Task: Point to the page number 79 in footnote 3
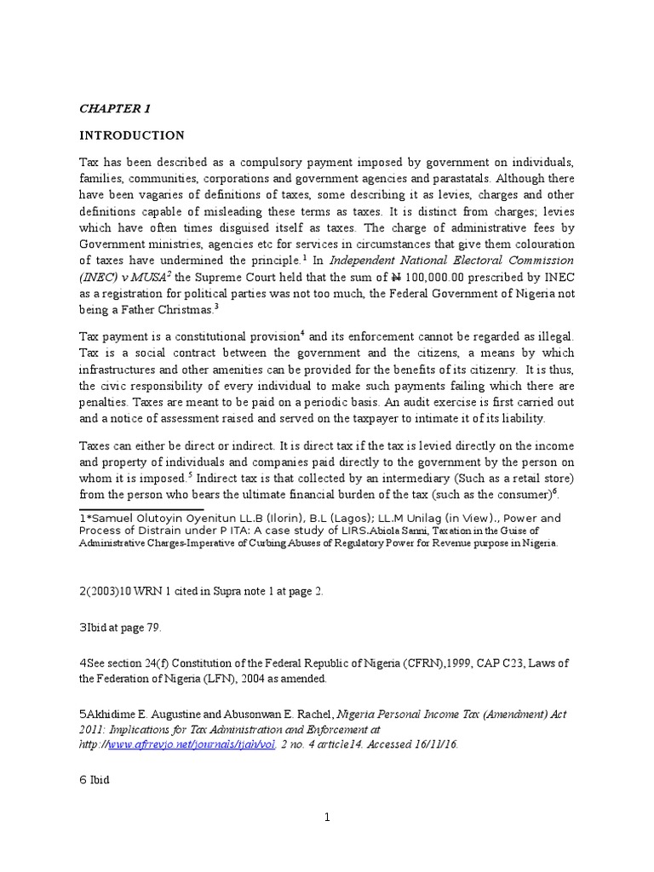[152, 628]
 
